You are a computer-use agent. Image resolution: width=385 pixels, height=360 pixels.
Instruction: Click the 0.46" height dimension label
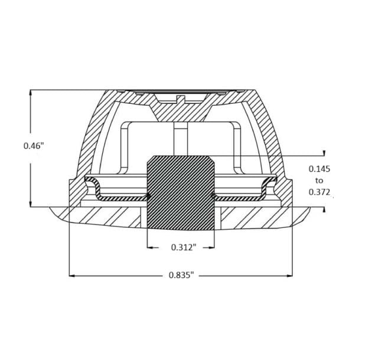tap(34, 146)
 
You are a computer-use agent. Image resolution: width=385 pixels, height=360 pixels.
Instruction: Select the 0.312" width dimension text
tap(184, 247)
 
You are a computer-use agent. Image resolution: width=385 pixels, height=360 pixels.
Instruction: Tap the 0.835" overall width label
tap(181, 275)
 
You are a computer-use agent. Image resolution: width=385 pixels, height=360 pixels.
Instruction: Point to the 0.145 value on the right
tap(319, 169)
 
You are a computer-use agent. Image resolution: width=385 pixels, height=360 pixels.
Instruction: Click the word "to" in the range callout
tap(319, 181)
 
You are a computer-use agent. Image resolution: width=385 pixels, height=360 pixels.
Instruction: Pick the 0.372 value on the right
tap(319, 192)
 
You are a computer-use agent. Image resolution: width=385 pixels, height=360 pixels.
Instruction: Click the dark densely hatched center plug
tap(181, 193)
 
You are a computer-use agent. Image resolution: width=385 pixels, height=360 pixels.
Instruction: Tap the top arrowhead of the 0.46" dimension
tap(31, 93)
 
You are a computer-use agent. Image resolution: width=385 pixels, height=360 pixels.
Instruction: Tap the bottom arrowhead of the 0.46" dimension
tap(31, 204)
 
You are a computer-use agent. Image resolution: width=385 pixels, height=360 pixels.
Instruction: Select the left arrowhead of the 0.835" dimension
tap(71, 276)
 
